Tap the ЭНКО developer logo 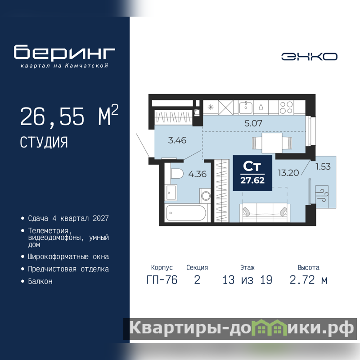[309, 57]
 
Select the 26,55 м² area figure [69, 116]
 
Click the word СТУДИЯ [44, 142]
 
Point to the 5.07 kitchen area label [253, 123]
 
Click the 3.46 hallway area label [177, 140]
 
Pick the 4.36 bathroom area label [198, 174]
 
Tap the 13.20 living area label [288, 173]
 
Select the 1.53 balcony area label [323, 166]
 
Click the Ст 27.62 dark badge [252, 173]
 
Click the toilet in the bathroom [177, 173]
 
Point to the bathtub [186, 213]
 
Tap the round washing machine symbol [206, 196]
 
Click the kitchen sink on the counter [246, 108]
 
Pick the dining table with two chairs [272, 143]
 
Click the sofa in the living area [265, 212]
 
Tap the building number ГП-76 [162, 280]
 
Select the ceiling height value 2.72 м [309, 280]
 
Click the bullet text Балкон [40, 281]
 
